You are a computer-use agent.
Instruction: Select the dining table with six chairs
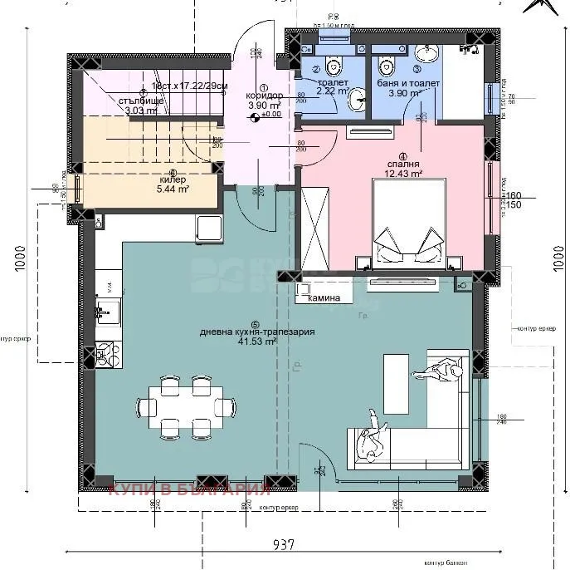tap(184, 406)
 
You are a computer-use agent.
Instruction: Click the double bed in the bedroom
tap(407, 224)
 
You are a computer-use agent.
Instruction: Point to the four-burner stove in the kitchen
tap(106, 355)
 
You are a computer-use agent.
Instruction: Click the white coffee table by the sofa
tap(395, 383)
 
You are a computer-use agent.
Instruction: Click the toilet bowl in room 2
tap(332, 64)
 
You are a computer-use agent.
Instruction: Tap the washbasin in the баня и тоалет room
tap(428, 55)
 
